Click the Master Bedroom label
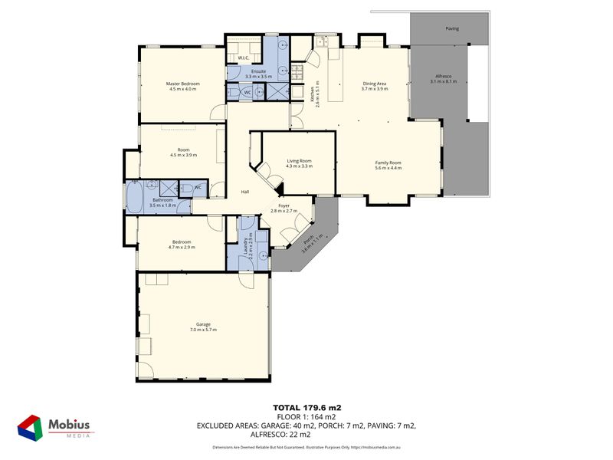(182, 84)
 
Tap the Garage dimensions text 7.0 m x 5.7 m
(203, 330)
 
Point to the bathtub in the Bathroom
(135, 197)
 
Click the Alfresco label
(444, 77)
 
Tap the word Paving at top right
(453, 29)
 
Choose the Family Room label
(388, 163)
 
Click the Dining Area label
(375, 84)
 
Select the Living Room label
(299, 161)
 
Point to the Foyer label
(284, 205)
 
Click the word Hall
(245, 192)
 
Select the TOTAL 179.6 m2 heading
(306, 407)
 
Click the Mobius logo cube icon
(30, 427)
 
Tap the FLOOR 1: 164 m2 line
(306, 416)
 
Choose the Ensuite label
(258, 71)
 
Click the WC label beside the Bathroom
(197, 187)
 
